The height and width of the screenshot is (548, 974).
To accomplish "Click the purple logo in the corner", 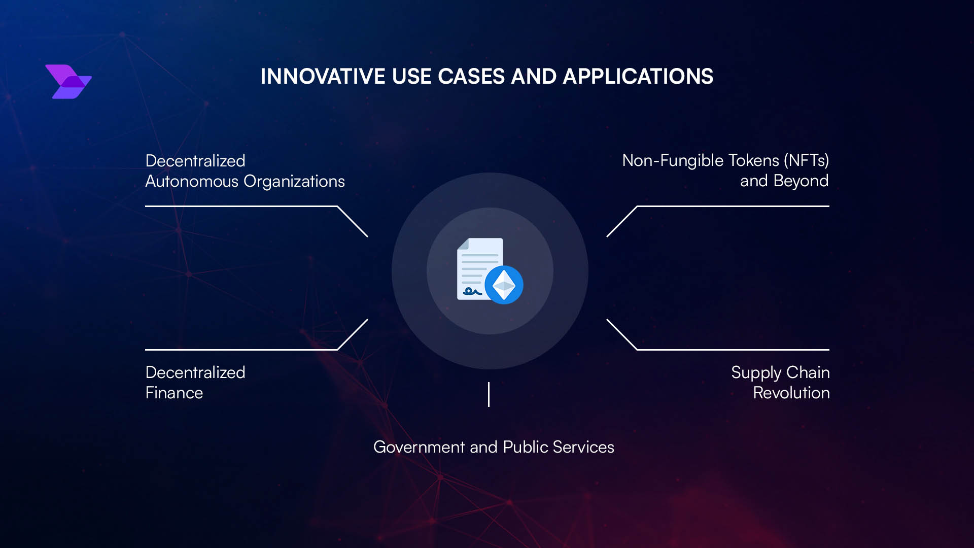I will [68, 82].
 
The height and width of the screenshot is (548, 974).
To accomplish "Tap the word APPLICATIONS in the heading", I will [638, 77].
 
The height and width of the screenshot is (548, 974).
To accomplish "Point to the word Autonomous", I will [192, 181].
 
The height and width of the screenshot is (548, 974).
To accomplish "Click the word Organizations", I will [294, 182].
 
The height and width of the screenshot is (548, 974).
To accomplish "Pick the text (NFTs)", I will [806, 160].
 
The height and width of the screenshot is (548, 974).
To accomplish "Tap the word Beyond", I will [801, 181].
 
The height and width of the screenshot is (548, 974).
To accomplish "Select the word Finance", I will [174, 393].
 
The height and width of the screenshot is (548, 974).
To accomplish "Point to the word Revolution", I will [791, 393].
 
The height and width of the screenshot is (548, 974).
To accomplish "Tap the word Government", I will [419, 447].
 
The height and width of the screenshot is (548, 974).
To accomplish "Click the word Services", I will [583, 447].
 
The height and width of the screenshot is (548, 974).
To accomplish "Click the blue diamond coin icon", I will [504, 285].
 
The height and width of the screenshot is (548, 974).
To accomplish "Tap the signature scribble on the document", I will [472, 292].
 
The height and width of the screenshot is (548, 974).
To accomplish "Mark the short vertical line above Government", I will [489, 394].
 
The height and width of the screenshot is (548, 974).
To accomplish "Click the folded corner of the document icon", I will [463, 244].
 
